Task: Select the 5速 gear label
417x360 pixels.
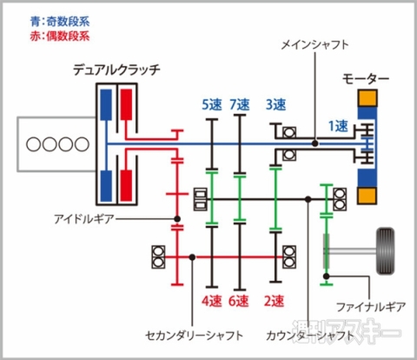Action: click(x=211, y=105)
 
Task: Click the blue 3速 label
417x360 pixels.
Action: click(x=275, y=105)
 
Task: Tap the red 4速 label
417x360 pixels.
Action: click(x=211, y=301)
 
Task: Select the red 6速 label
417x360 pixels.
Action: click(x=239, y=301)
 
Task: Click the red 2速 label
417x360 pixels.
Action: click(x=274, y=301)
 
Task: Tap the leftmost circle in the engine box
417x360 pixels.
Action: click(x=31, y=144)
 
